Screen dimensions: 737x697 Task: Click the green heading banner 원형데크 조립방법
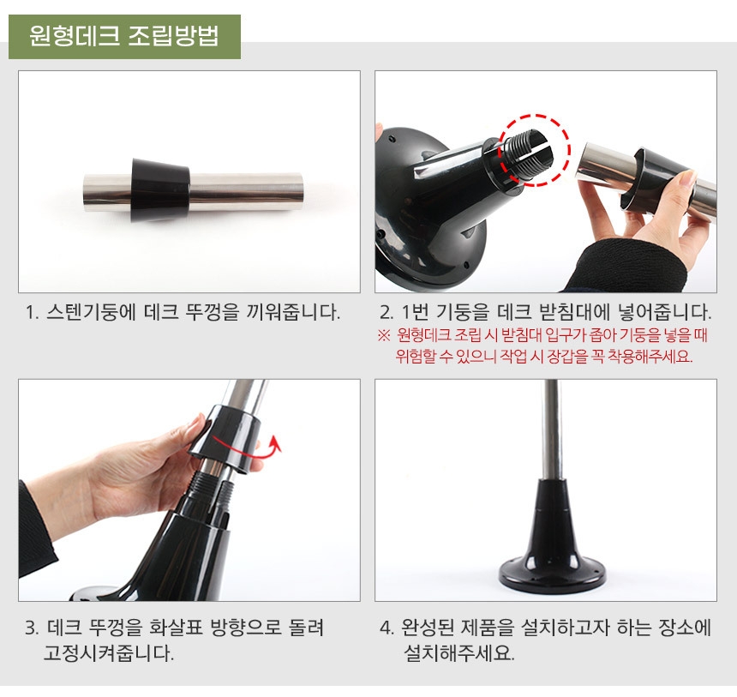124,37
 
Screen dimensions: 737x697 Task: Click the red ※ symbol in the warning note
384,335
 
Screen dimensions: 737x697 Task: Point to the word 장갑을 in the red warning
568,356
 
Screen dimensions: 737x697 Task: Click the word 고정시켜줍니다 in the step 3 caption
109,652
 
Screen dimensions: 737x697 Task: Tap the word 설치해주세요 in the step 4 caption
459,652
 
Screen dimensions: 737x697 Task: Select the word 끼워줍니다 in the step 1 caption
293,312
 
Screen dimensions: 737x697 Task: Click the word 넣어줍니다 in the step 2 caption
665,312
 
